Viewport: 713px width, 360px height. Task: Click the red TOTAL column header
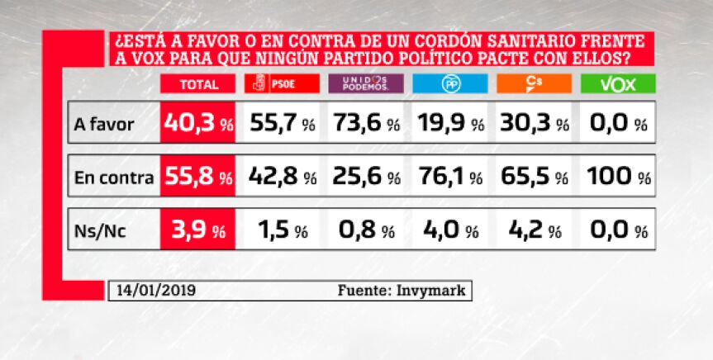click(197, 83)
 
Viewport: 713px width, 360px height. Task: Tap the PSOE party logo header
click(282, 83)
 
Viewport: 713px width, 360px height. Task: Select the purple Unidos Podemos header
click(366, 83)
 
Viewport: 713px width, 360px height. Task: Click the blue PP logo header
click(450, 83)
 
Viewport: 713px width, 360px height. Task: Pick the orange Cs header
click(535, 83)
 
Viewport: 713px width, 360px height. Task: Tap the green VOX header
click(619, 83)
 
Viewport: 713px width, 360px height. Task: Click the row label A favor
click(103, 124)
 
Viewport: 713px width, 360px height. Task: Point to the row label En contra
click(114, 178)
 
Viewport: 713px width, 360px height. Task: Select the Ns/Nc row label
click(100, 231)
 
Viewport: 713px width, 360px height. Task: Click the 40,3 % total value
click(199, 123)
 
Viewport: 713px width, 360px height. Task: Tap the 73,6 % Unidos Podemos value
click(367, 123)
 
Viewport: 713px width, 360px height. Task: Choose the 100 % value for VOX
click(619, 177)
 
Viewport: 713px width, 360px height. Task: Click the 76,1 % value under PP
click(450, 177)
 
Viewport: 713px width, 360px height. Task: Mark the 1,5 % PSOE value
click(283, 230)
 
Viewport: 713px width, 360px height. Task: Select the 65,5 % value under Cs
click(535, 177)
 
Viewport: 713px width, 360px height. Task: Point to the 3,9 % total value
click(198, 230)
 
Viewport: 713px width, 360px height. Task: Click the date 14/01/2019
click(156, 291)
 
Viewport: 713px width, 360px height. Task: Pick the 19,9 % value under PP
click(451, 123)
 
